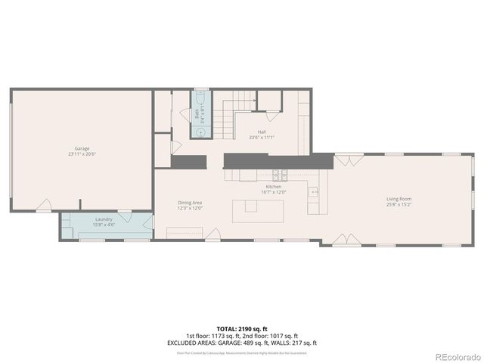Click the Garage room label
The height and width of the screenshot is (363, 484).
[82, 148]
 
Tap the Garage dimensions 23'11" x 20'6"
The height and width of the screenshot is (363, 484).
[82, 154]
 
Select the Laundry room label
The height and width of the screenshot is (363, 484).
[104, 219]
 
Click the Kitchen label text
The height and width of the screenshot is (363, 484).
[273, 187]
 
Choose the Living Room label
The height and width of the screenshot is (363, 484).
[399, 199]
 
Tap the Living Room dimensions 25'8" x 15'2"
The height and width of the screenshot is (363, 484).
[399, 204]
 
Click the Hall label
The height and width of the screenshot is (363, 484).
[261, 132]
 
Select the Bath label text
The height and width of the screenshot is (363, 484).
[197, 115]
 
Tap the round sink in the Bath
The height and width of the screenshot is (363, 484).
[200, 132]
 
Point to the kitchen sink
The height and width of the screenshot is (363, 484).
[313, 192]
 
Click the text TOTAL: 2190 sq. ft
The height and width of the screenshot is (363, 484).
[242, 330]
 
